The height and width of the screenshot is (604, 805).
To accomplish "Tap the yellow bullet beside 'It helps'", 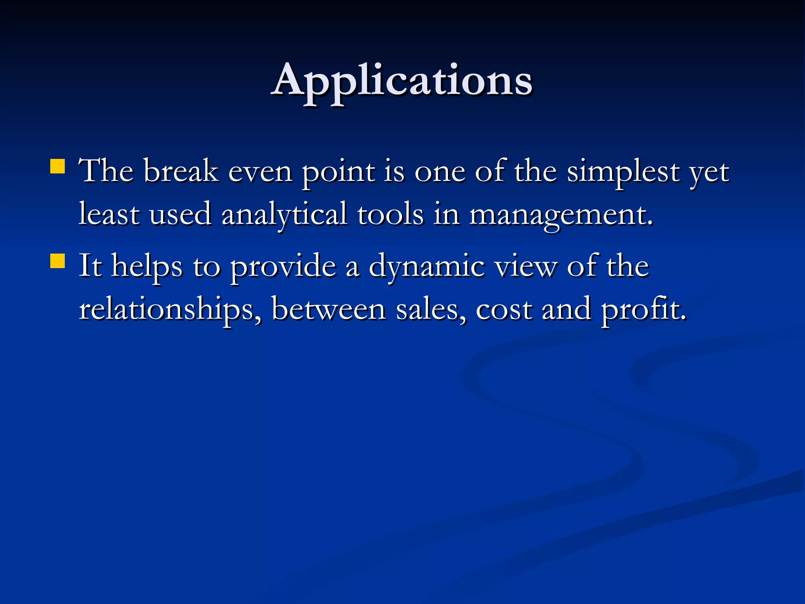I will pos(58,261).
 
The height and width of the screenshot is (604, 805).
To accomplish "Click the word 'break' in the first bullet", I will pos(181,171).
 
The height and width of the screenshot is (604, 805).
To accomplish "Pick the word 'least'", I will pos(109,214).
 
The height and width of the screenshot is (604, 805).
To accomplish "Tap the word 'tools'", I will pos(390,214).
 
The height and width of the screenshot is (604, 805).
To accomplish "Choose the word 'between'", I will pos(329,310).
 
